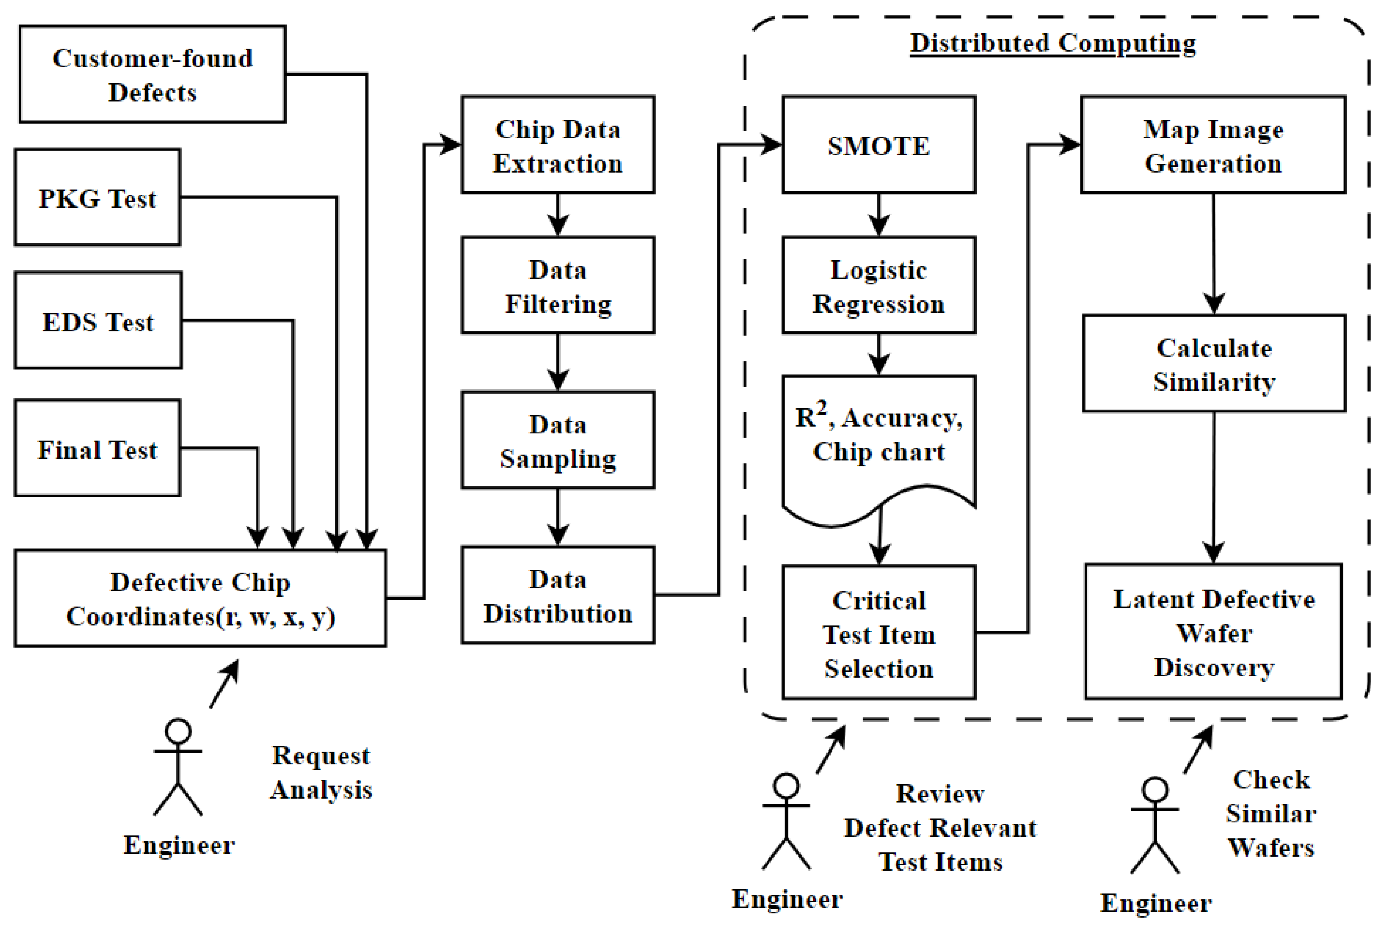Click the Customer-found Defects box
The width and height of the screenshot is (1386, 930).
click(152, 74)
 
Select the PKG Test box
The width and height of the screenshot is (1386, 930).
click(97, 197)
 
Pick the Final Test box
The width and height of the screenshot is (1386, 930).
click(97, 449)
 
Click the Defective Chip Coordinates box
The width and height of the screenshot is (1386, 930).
click(200, 599)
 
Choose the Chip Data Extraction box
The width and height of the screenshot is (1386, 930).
click(558, 145)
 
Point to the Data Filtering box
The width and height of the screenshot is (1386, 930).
click(558, 285)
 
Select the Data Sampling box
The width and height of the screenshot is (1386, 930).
click(558, 440)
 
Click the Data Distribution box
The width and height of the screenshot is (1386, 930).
click(558, 596)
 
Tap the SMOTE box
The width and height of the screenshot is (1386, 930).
click(878, 145)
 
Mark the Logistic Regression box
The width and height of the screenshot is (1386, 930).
click(878, 285)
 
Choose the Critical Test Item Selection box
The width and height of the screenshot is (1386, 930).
click(878, 633)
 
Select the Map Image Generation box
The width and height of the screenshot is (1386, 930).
click(1213, 145)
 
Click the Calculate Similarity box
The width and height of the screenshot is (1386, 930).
click(1214, 364)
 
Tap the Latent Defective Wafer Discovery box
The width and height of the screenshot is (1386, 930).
click(1213, 632)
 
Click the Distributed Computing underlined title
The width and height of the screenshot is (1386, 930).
click(1053, 43)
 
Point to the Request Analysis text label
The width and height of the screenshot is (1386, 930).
click(320, 772)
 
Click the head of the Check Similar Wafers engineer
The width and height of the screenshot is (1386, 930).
click(1155, 790)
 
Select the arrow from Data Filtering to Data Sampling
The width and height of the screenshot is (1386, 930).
click(558, 362)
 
